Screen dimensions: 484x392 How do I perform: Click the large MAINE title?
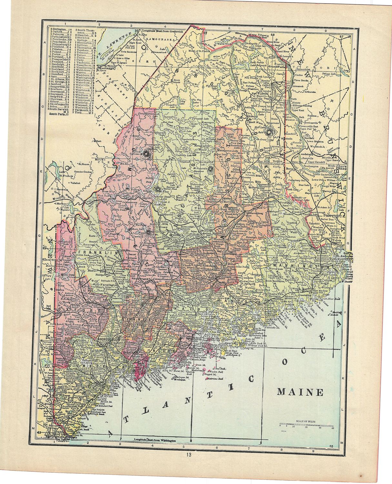coord(300,392)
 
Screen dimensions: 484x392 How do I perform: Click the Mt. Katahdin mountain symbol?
coord(210,169)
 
